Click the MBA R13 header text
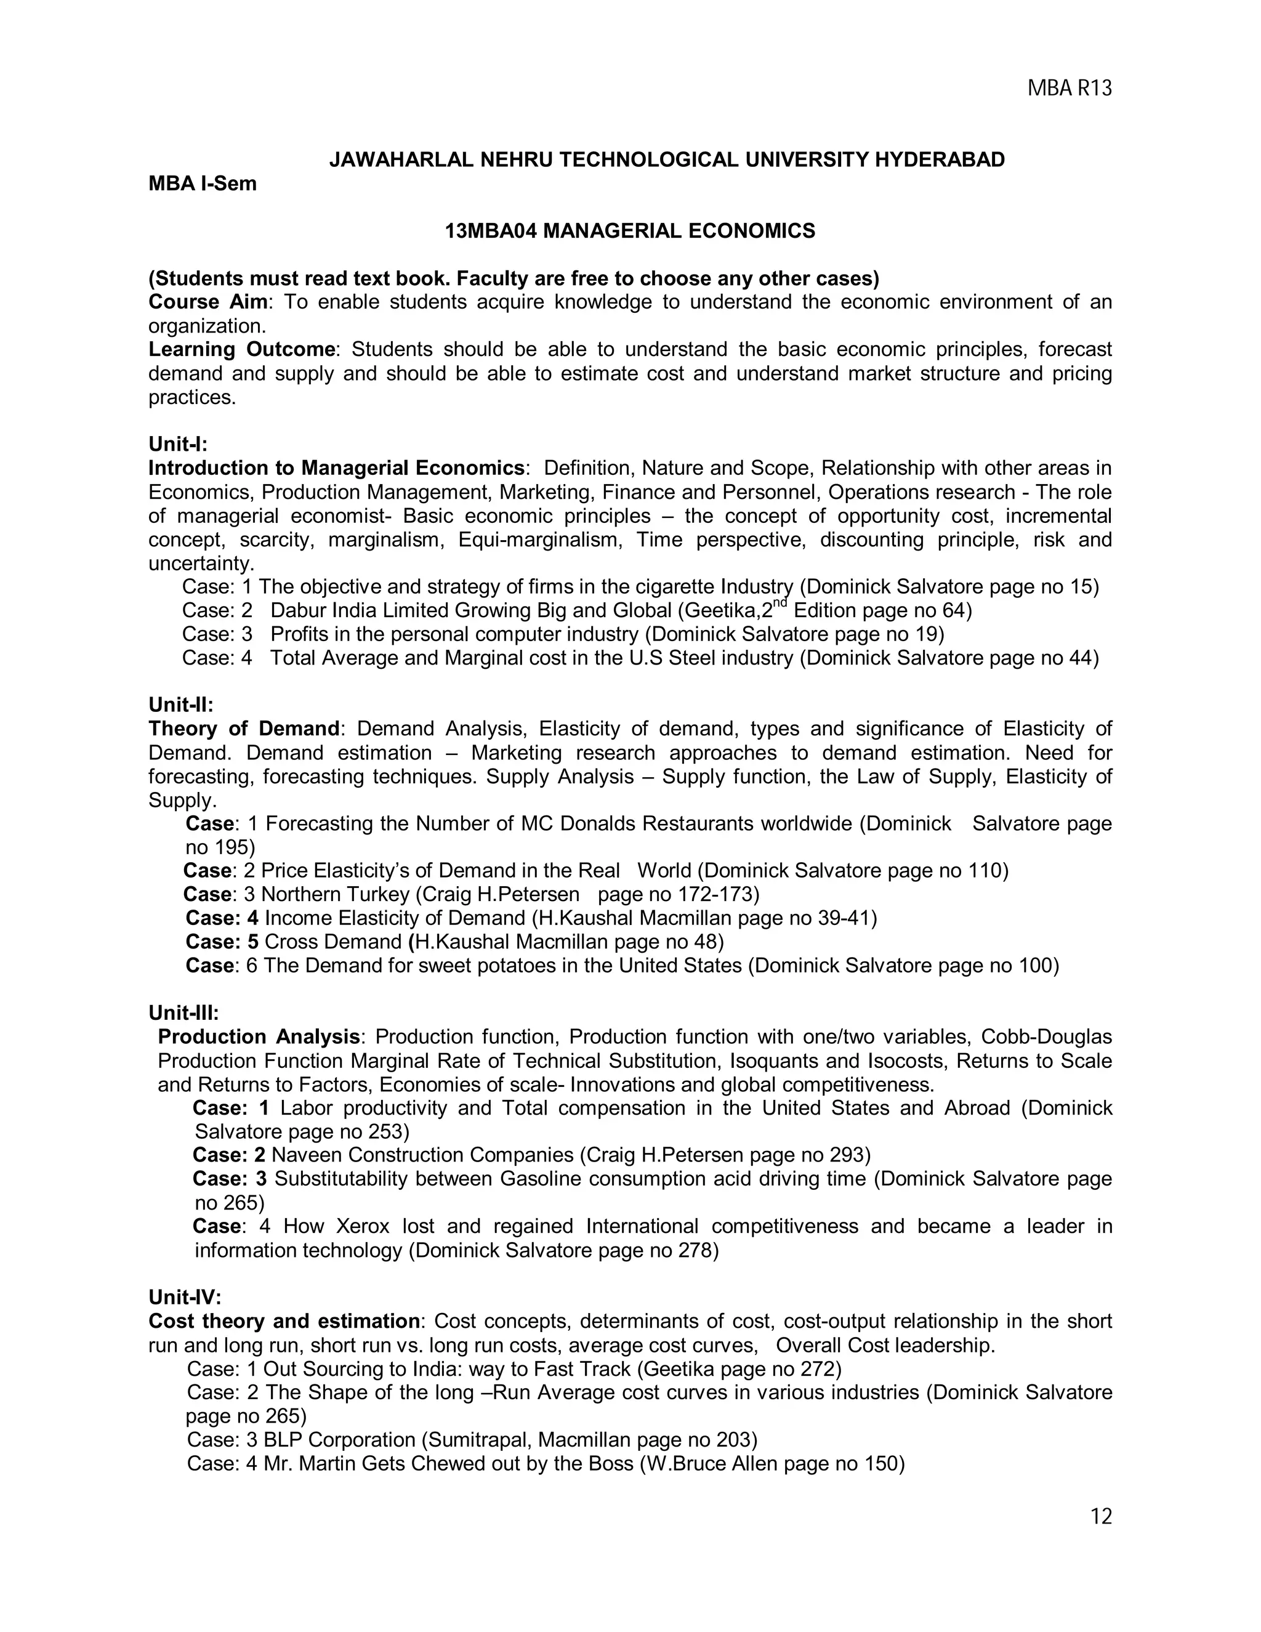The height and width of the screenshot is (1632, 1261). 1069,88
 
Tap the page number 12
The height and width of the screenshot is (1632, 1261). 1101,1516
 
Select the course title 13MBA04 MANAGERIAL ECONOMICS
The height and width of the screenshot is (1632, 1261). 630,231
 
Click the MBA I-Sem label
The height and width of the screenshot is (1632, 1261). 202,183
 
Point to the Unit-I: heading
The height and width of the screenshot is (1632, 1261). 178,444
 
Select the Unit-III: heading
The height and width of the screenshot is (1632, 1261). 183,1012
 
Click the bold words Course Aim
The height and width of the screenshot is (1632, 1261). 207,302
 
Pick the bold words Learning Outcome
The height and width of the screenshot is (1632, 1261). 241,349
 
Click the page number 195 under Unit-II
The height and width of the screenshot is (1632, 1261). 233,847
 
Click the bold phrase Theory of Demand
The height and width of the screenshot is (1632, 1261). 244,729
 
